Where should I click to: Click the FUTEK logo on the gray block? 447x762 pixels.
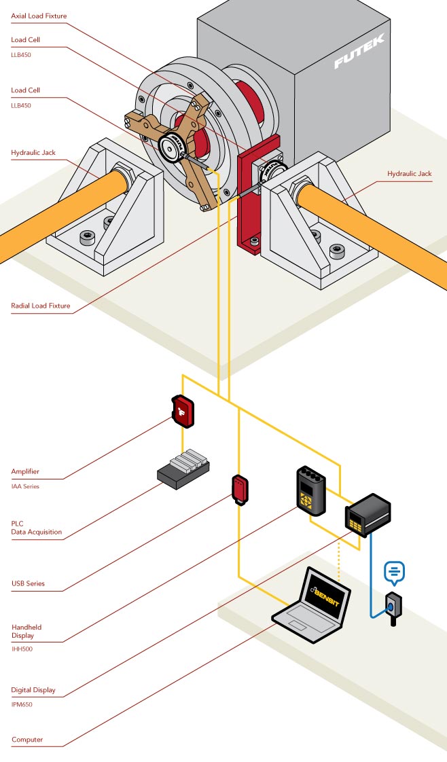[359, 52]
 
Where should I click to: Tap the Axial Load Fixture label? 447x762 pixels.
[39, 16]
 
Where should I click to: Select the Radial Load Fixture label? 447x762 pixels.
[41, 306]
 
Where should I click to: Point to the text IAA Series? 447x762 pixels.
[25, 486]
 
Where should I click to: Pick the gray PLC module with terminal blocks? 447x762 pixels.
[183, 469]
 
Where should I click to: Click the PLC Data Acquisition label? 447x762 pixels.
[36, 528]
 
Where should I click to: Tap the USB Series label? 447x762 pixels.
[29, 583]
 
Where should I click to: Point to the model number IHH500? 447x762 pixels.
[22, 649]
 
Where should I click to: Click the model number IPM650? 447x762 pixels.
[22, 704]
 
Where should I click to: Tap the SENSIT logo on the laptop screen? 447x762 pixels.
[327, 589]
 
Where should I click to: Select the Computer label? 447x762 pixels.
[27, 740]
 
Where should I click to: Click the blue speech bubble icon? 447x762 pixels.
[395, 573]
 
